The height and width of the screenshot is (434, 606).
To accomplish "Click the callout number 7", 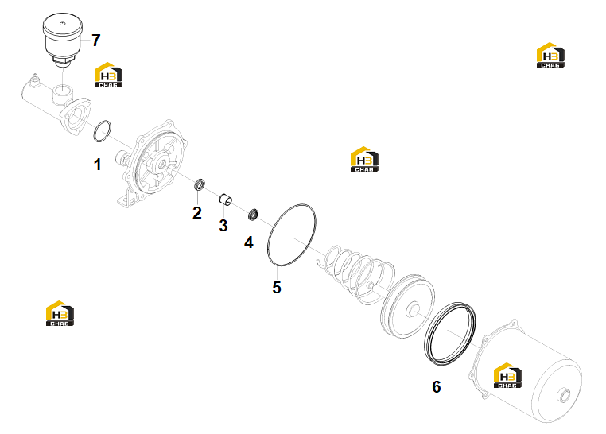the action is pyautogui.click(x=96, y=41).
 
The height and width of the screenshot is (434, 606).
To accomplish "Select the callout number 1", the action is pyautogui.click(x=97, y=165).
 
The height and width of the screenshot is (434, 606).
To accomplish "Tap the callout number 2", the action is pyautogui.click(x=197, y=213).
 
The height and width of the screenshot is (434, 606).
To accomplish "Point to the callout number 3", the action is pyautogui.click(x=223, y=226).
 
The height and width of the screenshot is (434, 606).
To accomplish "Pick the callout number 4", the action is pyautogui.click(x=248, y=242).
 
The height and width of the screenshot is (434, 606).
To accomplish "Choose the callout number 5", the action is pyautogui.click(x=277, y=287).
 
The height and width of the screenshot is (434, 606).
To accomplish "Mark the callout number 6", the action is pyautogui.click(x=437, y=386).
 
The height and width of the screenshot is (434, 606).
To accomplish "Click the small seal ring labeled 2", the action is pyautogui.click(x=200, y=184).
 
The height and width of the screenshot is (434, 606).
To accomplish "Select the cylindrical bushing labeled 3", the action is pyautogui.click(x=226, y=200).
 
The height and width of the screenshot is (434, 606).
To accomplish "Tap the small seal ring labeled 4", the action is pyautogui.click(x=253, y=215).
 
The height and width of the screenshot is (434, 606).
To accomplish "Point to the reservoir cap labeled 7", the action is pyautogui.click(x=63, y=40).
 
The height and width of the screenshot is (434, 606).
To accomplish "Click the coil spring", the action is pyautogui.click(x=356, y=273).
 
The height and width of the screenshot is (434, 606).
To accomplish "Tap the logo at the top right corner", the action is pyautogui.click(x=550, y=55).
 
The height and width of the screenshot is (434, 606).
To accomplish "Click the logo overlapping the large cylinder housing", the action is pyautogui.click(x=507, y=375).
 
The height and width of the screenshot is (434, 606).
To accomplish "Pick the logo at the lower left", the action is pyautogui.click(x=60, y=313).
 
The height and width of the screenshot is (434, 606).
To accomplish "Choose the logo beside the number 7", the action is pyautogui.click(x=109, y=75).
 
